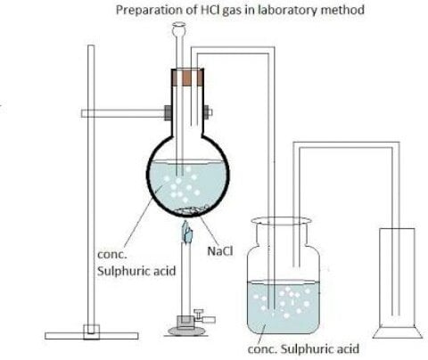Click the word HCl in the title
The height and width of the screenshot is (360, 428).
[209, 10]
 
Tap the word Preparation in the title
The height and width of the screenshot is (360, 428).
[156, 10]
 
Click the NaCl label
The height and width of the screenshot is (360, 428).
[220, 251]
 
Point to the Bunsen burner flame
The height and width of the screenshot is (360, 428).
[187, 231]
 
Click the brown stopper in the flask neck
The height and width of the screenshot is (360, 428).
[188, 78]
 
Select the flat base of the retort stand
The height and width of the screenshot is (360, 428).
[92, 336]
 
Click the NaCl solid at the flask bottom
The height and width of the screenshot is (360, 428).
[189, 210]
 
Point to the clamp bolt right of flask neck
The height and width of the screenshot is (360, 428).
[208, 113]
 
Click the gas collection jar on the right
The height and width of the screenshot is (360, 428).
[398, 282]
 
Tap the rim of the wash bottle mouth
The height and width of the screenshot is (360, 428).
[281, 221]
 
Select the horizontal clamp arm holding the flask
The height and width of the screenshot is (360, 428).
[123, 113]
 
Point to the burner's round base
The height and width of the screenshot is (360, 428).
[182, 331]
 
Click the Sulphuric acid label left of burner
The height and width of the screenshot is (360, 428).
[136, 271]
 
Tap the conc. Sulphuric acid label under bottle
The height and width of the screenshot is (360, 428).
[303, 348]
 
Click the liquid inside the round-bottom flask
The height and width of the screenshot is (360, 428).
[188, 184]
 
